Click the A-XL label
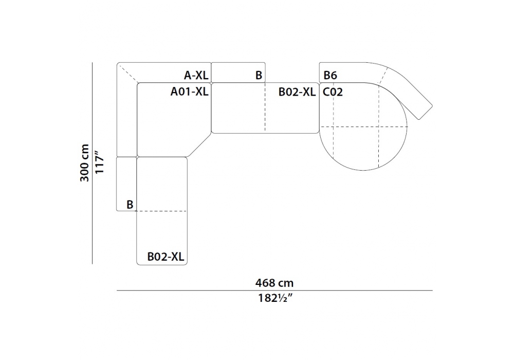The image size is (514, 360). coord(196,76)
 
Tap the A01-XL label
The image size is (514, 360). coord(190,92)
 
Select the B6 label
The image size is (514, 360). coord(330,76)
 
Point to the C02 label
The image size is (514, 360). coord(333,92)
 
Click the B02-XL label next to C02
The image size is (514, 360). coord(297,92)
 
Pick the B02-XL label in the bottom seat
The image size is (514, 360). coord(166,257)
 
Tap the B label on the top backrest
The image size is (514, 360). coord(259,76)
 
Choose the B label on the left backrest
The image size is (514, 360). coord(130,205)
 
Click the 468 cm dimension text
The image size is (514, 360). coord(274,283)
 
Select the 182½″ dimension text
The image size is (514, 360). coord(274,298)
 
